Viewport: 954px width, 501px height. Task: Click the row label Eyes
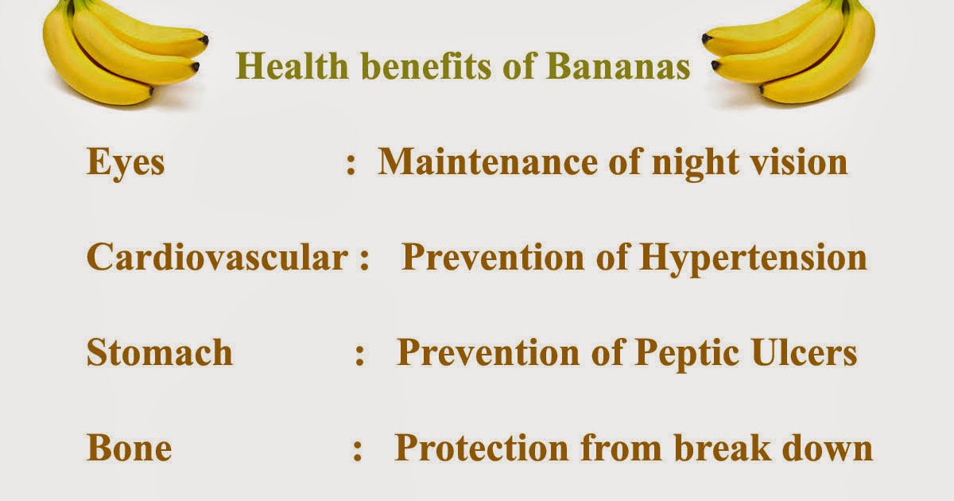(x=126, y=163)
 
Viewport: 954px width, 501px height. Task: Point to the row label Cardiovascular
(x=217, y=258)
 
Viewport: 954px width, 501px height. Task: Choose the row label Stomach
(x=160, y=352)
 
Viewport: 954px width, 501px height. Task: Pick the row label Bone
(x=129, y=449)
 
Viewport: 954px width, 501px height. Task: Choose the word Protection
(x=481, y=448)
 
